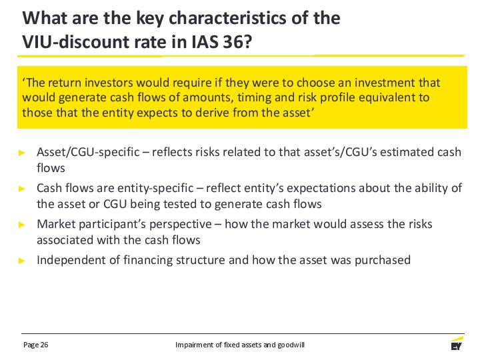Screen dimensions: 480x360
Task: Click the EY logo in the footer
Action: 457,344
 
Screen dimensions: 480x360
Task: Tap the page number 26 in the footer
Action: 44,345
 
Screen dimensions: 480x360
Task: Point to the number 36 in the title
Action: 233,41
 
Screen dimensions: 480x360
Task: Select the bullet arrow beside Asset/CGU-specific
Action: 22,153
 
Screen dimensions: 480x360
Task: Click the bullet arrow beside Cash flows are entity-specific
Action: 22,189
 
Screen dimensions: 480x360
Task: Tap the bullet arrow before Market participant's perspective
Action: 22,225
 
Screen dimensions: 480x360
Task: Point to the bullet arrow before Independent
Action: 22,261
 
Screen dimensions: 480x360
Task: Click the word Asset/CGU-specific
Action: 88,152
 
